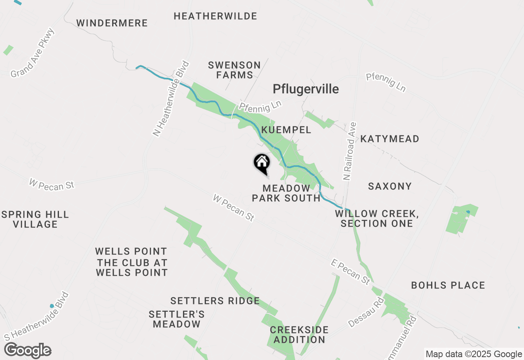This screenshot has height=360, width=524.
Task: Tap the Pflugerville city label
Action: coord(306,89)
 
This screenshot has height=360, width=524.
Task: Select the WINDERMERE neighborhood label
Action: coord(112,23)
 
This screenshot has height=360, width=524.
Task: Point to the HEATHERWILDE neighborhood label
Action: coord(215,16)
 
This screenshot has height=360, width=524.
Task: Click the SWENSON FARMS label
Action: coord(234,70)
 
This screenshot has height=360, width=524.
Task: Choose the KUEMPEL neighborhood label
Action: coord(286,130)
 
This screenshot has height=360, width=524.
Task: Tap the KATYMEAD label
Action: coord(389,139)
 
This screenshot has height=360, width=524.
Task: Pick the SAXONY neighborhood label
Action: coord(389,186)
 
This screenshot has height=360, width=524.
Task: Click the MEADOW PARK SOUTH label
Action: coord(286,193)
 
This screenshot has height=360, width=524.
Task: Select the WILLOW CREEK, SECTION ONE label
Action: coord(377,218)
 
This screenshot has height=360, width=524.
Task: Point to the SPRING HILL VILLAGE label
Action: coord(35,219)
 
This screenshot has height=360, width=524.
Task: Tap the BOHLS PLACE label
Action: coord(448,285)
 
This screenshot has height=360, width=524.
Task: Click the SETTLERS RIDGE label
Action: coord(215,301)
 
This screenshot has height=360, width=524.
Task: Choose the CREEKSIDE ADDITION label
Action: coord(299,335)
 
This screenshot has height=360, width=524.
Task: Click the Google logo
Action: coord(28,351)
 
